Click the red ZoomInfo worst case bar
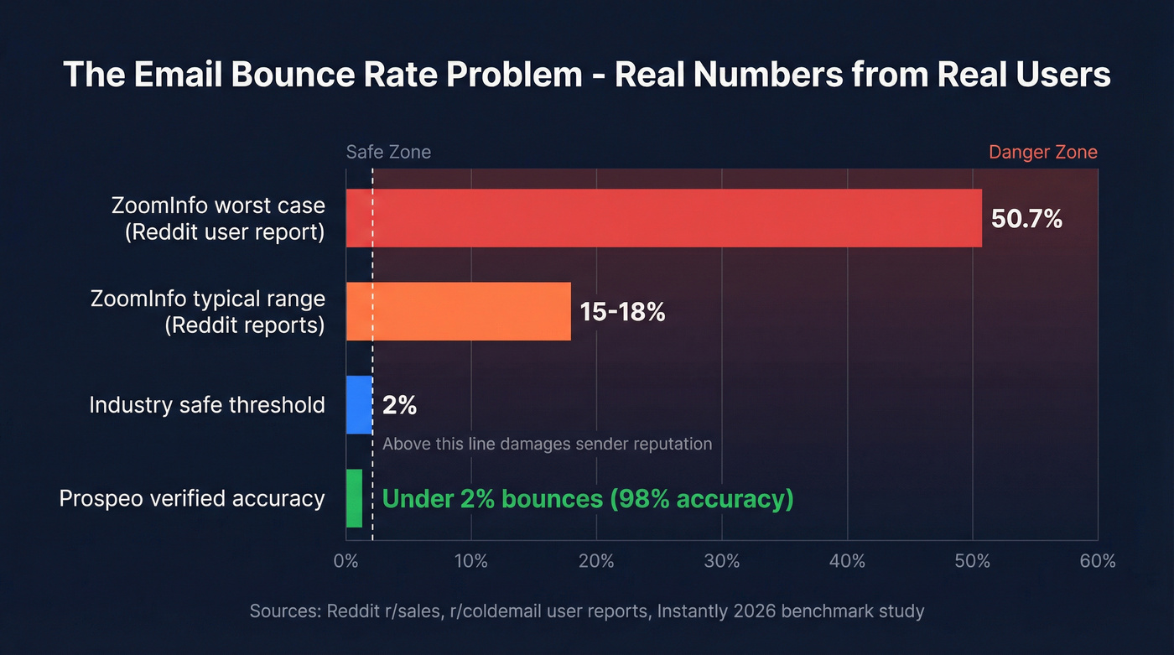(663, 218)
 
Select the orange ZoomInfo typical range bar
(458, 311)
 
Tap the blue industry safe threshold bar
(359, 405)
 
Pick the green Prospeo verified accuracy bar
(354, 498)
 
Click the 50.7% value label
(1026, 219)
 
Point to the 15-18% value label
(622, 312)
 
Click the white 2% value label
(399, 406)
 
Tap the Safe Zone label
(388, 152)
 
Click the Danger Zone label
(1042, 152)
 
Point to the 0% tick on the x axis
(345, 561)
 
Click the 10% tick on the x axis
(470, 561)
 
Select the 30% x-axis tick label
(721, 561)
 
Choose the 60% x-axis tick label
(1097, 561)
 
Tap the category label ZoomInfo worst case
(218, 205)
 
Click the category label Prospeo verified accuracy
(192, 499)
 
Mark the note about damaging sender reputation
(547, 444)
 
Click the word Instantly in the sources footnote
(692, 611)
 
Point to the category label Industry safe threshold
(207, 406)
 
